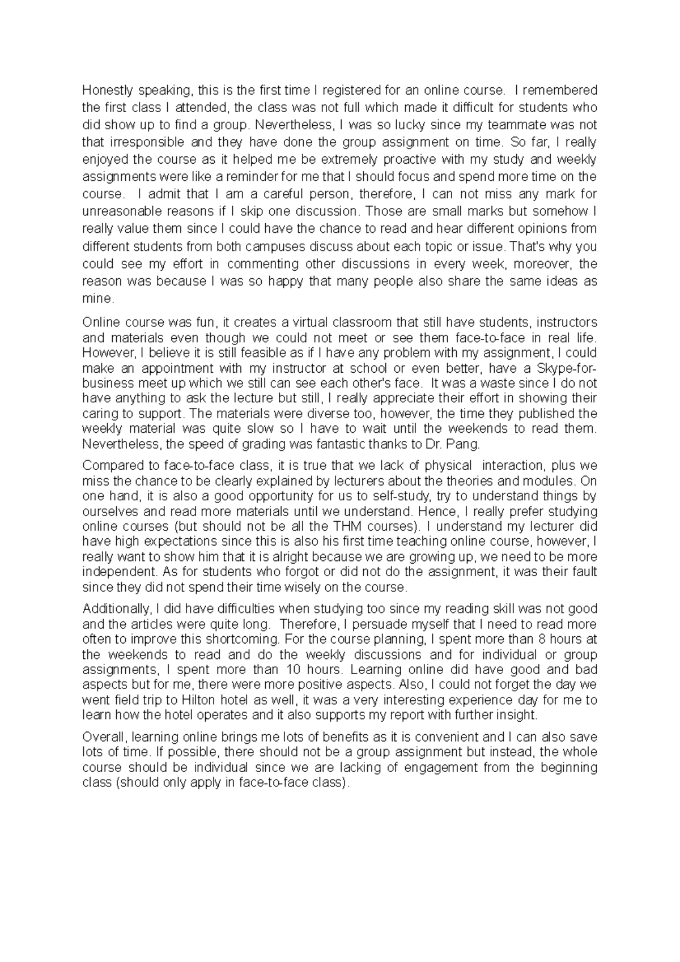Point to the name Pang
pos(466,444)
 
